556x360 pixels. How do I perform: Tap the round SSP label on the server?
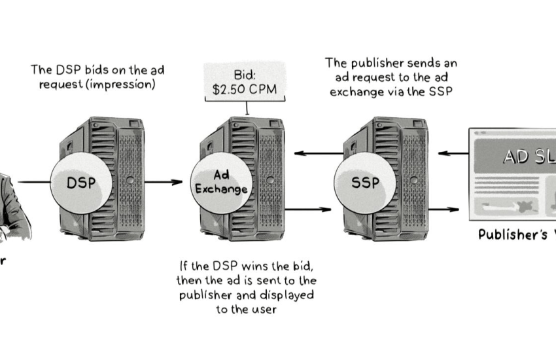(x=364, y=183)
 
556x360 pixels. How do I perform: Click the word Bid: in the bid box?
(x=244, y=74)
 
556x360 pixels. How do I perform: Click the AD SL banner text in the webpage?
(x=527, y=156)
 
